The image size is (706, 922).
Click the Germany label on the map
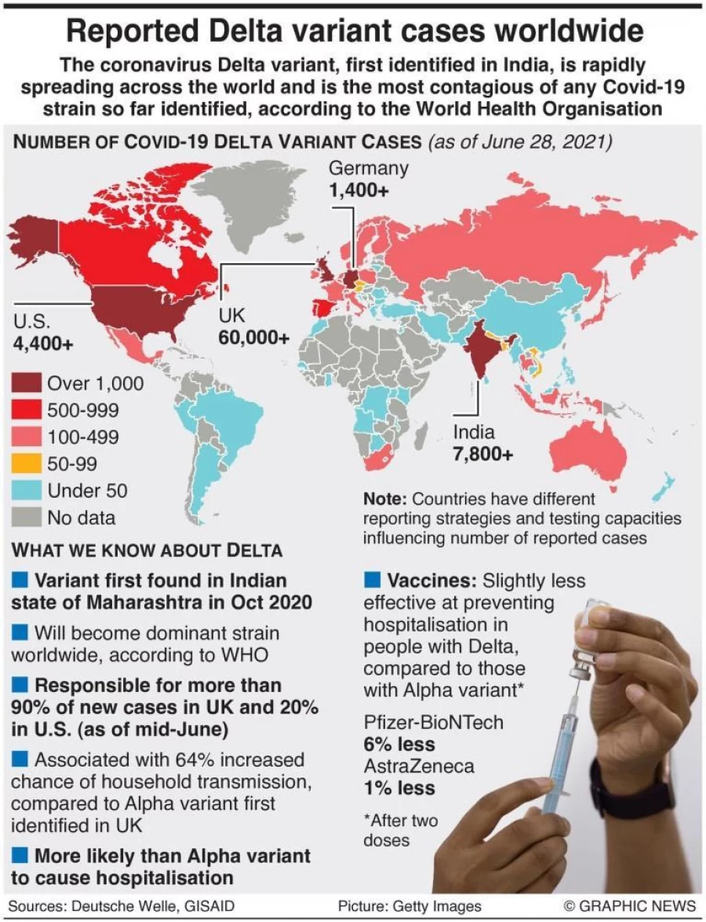coord(369,168)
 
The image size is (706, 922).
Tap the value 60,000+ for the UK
coord(254,338)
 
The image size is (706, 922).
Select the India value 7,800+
coord(483,454)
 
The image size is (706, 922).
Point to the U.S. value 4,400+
coord(44,343)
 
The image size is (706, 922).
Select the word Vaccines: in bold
coord(431,581)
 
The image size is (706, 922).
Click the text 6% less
coord(399,744)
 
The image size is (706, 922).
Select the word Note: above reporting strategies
coord(385,499)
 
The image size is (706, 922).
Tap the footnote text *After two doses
coord(400,830)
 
